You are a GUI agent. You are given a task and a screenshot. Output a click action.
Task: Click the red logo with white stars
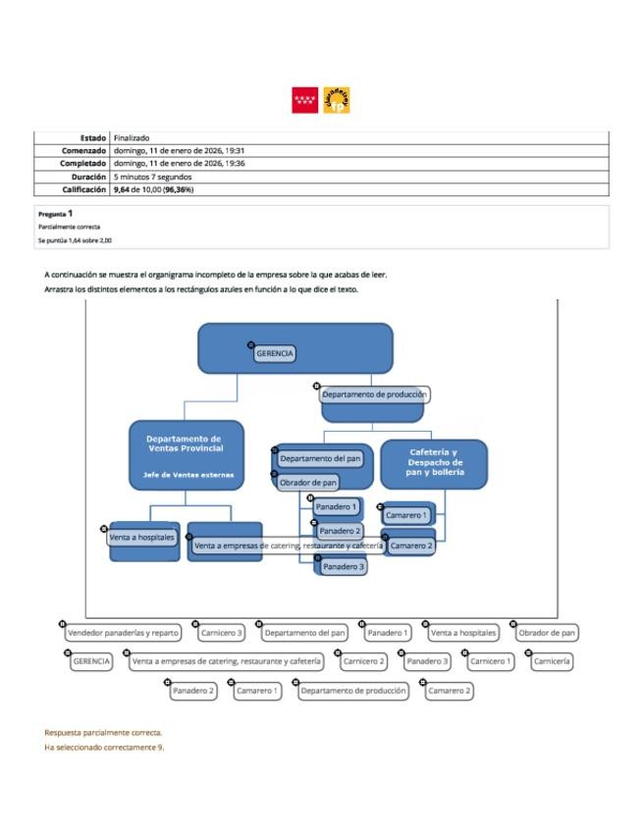(304, 100)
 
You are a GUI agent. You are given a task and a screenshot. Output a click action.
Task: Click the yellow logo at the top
(337, 100)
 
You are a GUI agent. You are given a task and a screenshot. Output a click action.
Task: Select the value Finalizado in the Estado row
(131, 138)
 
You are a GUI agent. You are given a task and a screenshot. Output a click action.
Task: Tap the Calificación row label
(83, 188)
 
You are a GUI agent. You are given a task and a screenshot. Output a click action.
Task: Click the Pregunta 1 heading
(55, 213)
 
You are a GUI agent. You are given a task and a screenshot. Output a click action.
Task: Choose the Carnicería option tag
(553, 661)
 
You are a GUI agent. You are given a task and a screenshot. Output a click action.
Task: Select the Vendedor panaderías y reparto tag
(123, 633)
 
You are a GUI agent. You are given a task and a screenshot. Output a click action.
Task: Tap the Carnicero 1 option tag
(490, 661)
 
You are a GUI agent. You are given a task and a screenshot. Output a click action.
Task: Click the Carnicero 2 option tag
(363, 661)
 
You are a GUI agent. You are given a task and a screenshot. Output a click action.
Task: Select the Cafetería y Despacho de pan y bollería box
(433, 461)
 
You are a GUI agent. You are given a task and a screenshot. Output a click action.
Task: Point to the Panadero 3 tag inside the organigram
(344, 567)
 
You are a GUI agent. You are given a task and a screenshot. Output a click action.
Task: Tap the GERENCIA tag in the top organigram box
(275, 353)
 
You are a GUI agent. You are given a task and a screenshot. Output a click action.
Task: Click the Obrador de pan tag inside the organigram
(308, 483)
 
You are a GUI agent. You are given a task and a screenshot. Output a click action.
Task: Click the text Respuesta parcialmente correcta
(103, 733)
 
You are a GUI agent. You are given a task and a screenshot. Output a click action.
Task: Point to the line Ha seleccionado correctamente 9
(104, 748)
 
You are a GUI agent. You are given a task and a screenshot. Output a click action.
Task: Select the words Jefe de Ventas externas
(185, 475)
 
